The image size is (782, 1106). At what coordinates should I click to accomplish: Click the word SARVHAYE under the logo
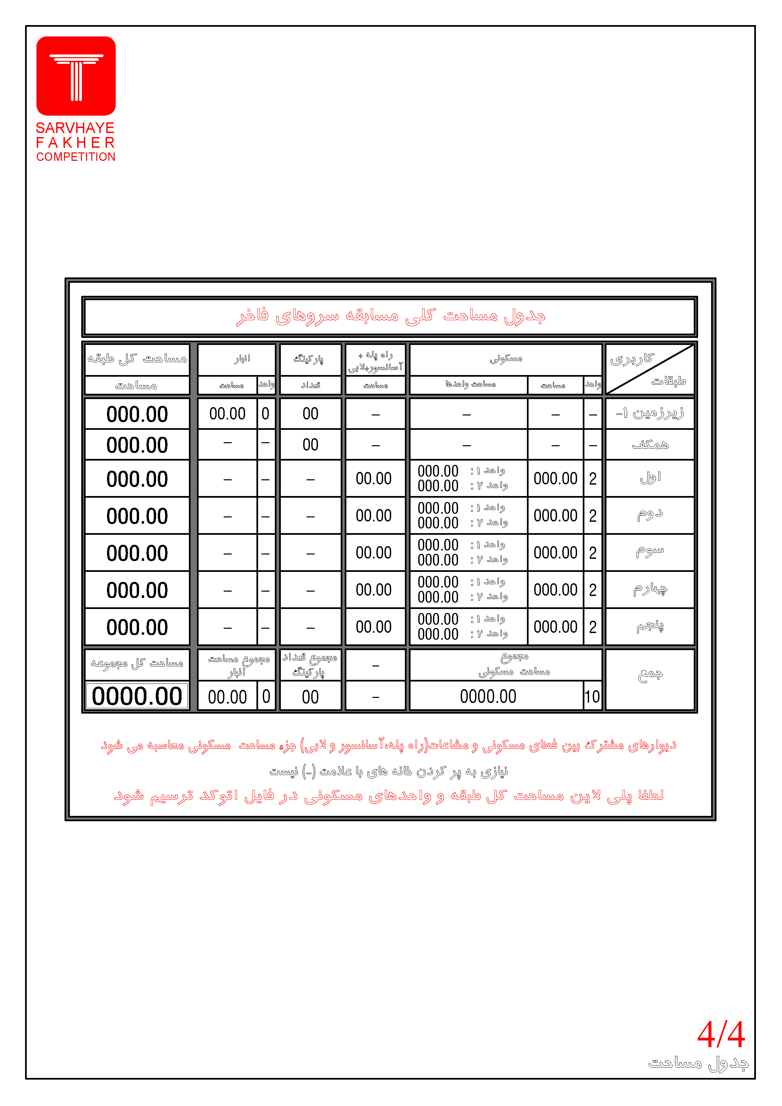pos(75,128)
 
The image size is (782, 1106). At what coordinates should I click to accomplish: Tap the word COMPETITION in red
pos(76,157)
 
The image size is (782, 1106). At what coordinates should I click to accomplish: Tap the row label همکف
pos(650,445)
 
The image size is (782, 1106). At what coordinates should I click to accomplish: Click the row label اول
pos(650,478)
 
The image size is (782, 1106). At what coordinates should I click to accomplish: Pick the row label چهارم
pos(650,589)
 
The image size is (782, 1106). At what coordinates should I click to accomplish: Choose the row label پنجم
pos(650,626)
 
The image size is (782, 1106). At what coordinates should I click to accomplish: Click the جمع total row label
pos(650,674)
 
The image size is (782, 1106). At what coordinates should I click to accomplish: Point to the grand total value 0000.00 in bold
pos(137,696)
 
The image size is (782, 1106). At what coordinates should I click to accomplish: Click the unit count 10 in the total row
pos(592,697)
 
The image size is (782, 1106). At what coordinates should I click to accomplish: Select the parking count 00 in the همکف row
pos(310,445)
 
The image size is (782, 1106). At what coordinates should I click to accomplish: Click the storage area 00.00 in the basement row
pos(227,413)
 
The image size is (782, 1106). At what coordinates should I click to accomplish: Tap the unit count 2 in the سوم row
pos(593,553)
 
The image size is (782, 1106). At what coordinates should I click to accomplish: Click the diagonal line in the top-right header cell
pos(650,369)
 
